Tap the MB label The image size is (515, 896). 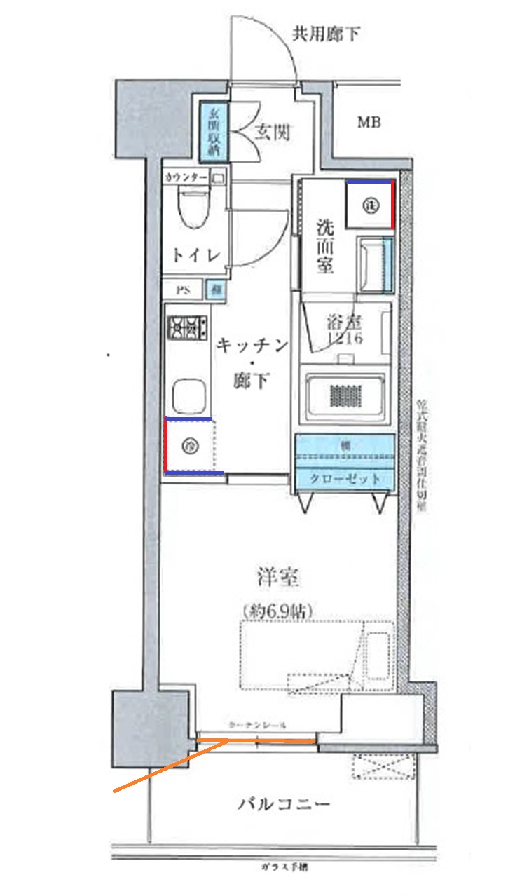click(x=369, y=123)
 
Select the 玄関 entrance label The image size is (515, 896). click(x=272, y=132)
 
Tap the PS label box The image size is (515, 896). click(x=182, y=288)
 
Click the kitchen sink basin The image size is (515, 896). click(x=188, y=396)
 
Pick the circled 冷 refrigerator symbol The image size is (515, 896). click(x=190, y=444)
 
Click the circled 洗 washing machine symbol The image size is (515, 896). click(x=370, y=205)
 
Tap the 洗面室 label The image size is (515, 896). click(x=324, y=246)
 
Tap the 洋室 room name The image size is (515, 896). click(x=277, y=578)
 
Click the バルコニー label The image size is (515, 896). click(x=282, y=804)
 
